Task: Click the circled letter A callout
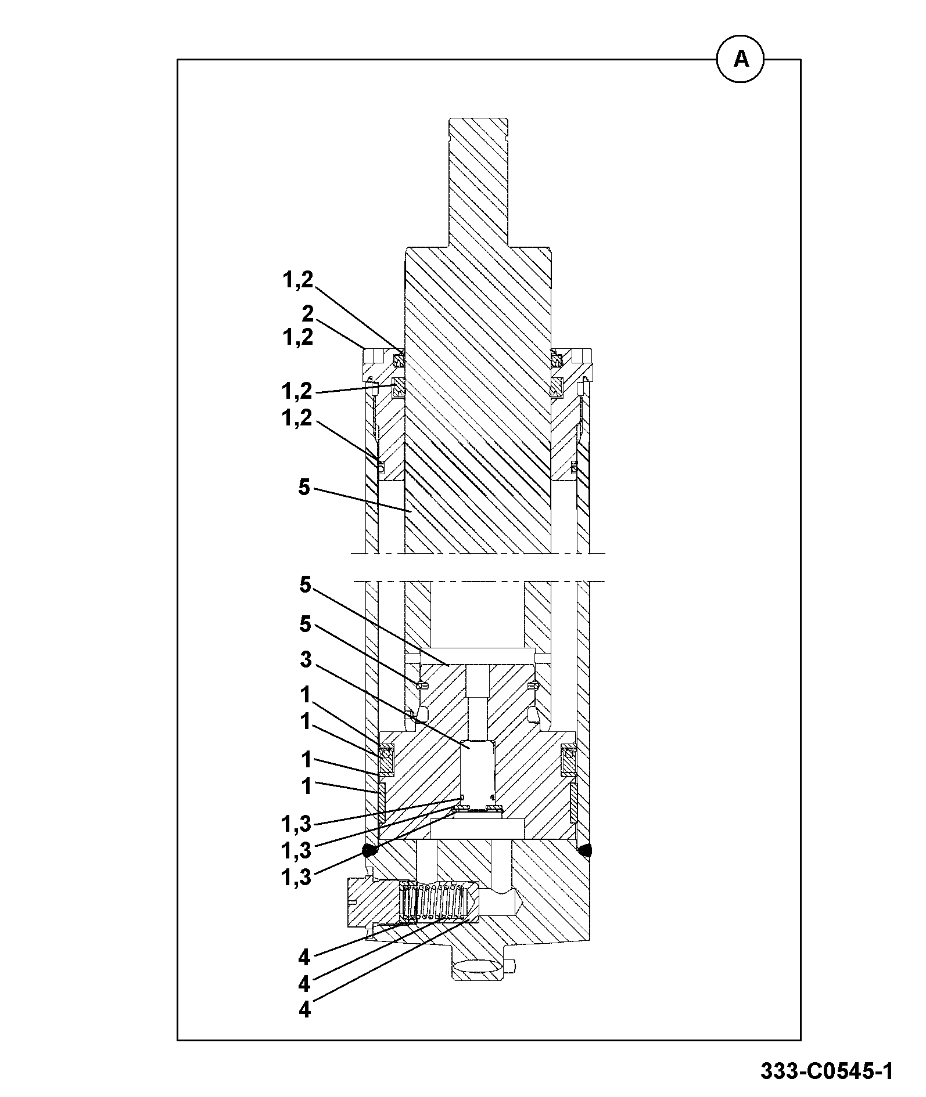coord(741,59)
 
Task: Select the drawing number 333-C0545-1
coord(827,1070)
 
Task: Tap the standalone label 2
coord(307,314)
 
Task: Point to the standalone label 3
coord(306,660)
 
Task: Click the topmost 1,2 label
coord(297,280)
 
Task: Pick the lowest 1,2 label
coord(297,417)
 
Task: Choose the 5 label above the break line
coord(304,488)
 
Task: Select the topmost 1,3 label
coord(296,824)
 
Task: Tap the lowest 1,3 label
coord(296,877)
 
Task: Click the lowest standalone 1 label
coord(306,786)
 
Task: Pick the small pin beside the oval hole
coord(510,966)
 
